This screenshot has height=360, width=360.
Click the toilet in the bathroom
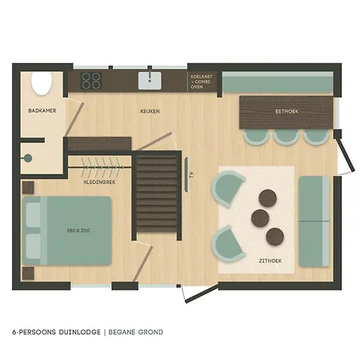click(42, 82)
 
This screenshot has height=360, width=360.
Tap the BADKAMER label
click(42, 110)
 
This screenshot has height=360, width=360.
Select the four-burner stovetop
click(91, 81)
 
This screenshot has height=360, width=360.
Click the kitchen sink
click(150, 81)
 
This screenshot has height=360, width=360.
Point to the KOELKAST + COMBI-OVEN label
click(202, 82)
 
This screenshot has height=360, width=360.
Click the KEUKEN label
click(150, 111)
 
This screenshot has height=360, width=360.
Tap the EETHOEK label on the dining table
click(287, 111)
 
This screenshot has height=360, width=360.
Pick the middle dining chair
click(286, 137)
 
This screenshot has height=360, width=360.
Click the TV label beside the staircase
click(191, 175)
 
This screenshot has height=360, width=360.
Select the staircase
click(157, 194)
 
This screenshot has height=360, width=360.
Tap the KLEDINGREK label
click(99, 182)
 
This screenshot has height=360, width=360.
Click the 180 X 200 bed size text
click(78, 230)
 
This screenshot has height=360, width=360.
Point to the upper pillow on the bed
click(34, 214)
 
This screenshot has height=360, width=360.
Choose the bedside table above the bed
click(28, 187)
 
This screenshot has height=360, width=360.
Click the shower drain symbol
click(27, 158)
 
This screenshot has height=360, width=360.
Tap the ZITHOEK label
click(270, 261)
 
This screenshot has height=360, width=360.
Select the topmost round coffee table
click(267, 198)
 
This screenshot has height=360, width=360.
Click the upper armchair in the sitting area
click(228, 189)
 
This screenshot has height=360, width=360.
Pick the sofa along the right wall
click(314, 222)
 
